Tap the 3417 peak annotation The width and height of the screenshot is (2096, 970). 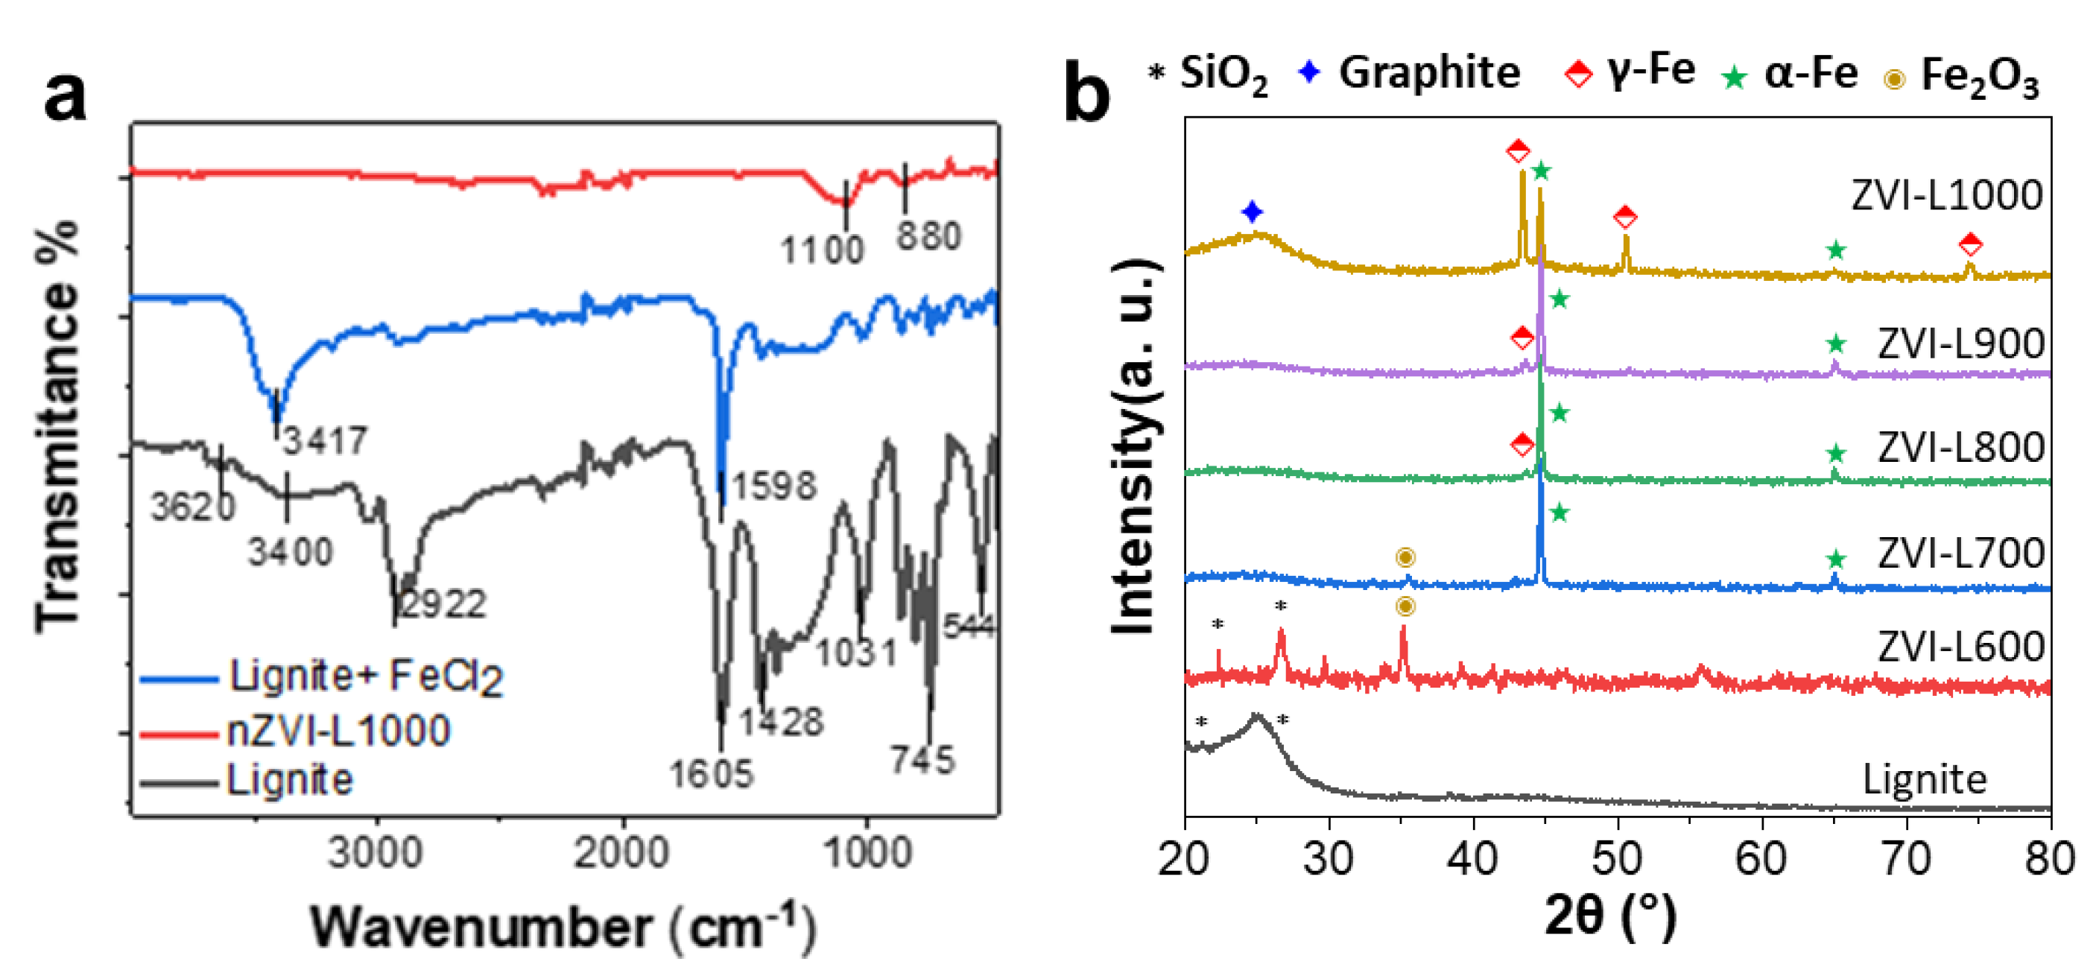[x=326, y=440]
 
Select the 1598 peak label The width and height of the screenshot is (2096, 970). [x=773, y=486]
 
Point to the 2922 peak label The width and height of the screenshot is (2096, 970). [x=443, y=603]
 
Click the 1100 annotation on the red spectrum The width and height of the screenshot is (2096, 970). [x=822, y=250]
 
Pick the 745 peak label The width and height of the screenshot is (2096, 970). [x=922, y=759]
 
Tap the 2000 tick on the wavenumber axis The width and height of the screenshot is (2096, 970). [x=621, y=853]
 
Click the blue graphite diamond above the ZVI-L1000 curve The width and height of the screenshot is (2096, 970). [x=1253, y=212]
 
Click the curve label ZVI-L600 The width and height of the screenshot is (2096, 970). [x=1960, y=647]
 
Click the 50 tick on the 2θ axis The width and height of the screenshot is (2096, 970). [x=1617, y=859]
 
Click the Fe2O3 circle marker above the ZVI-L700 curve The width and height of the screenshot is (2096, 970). [x=1405, y=557]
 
